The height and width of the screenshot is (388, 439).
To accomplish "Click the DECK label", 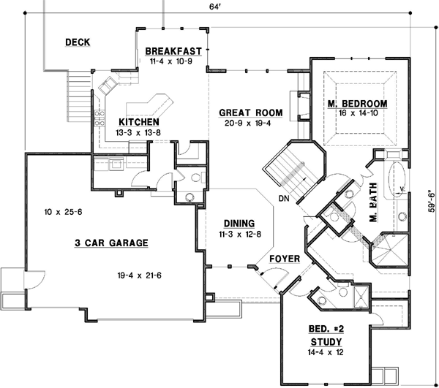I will [78, 42].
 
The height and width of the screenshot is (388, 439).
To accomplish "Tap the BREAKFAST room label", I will [173, 51].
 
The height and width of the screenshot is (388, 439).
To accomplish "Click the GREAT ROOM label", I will [251, 113].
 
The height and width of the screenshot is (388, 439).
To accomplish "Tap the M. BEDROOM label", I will [357, 104].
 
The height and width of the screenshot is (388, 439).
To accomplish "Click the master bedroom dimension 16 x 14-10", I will [357, 114].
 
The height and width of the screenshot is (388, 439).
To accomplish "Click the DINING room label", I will [234, 224].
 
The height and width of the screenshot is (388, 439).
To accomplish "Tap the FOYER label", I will [282, 259].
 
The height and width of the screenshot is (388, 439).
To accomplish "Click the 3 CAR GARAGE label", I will [111, 243].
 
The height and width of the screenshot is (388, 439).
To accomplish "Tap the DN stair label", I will [285, 199].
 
